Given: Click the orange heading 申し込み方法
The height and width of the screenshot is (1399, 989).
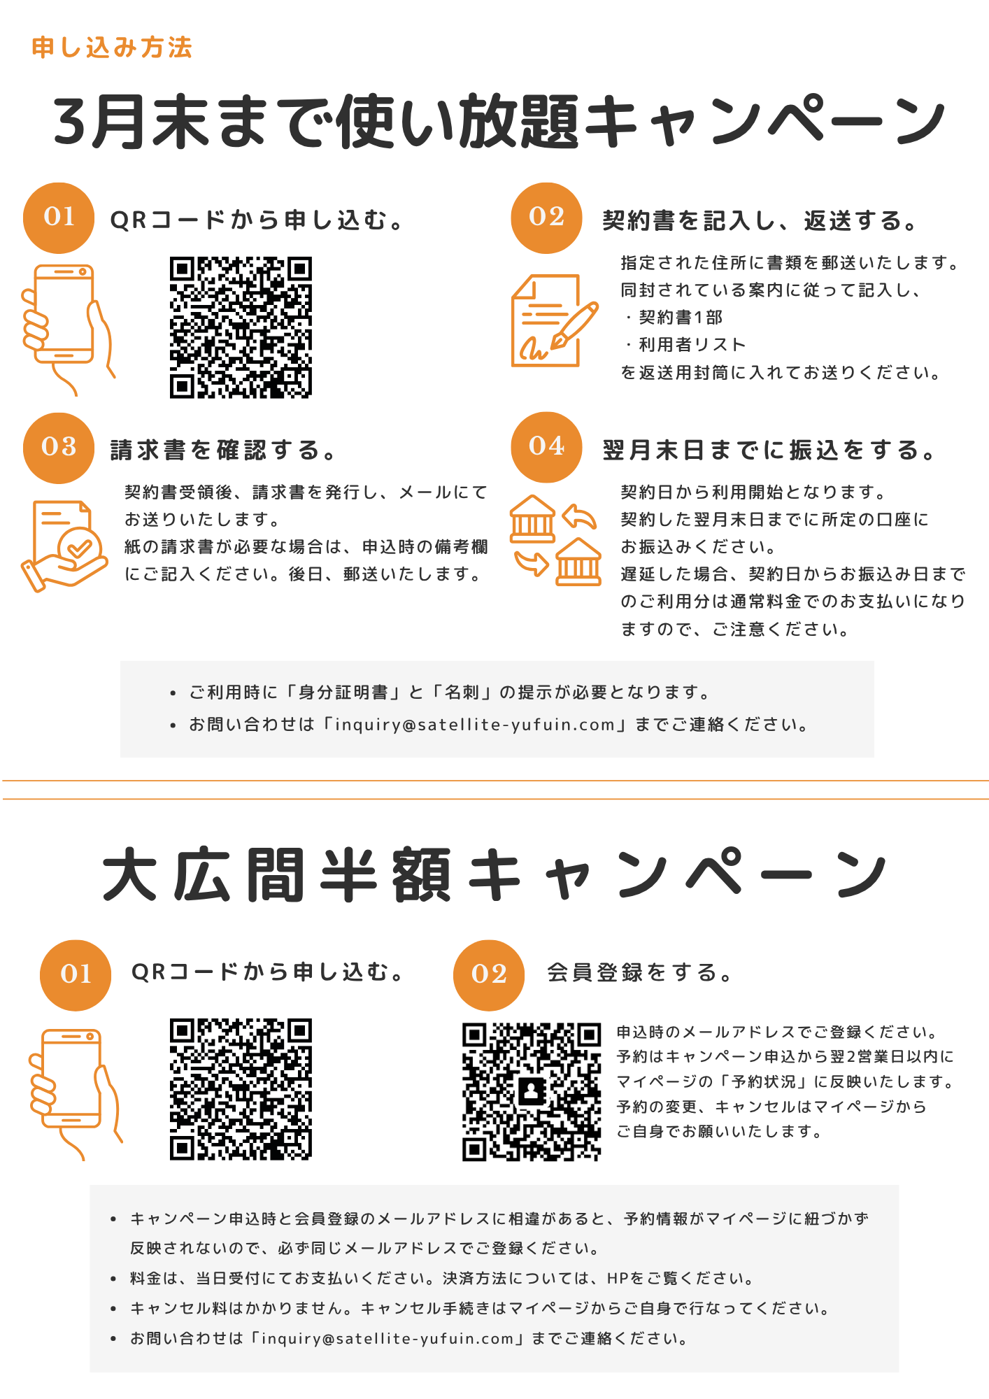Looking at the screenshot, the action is pyautogui.click(x=112, y=48).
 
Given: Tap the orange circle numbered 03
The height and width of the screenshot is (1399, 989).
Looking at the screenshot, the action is pyautogui.click(x=59, y=448).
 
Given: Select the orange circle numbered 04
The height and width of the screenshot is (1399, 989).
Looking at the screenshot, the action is pyautogui.click(x=546, y=447).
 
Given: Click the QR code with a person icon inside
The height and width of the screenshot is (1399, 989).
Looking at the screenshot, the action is pyautogui.click(x=532, y=1092).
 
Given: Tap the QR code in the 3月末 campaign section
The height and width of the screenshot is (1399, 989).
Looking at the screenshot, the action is pyautogui.click(x=241, y=327).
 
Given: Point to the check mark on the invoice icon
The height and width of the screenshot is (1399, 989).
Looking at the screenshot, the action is pyautogui.click(x=79, y=547).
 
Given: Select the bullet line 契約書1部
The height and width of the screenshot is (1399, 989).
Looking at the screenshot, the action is pyautogui.click(x=674, y=318).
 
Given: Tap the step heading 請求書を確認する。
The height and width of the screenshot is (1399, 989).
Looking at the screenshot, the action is pyautogui.click(x=222, y=450).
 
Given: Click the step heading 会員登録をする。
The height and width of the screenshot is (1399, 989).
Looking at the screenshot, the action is pyautogui.click(x=639, y=972).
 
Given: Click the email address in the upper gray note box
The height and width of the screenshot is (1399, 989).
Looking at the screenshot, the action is pyautogui.click(x=475, y=725).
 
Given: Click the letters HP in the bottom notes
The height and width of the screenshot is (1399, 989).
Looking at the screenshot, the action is pyautogui.click(x=618, y=1279).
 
